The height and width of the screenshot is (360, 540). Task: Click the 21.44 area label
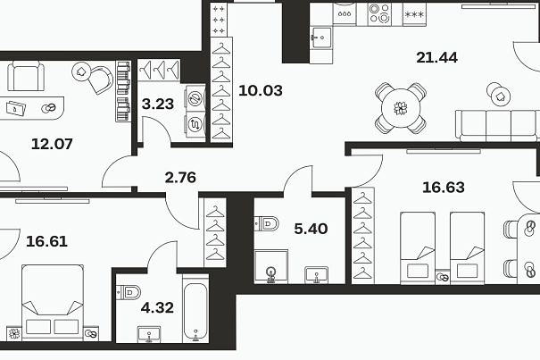point(436,57)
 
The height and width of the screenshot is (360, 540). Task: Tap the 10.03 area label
point(261,90)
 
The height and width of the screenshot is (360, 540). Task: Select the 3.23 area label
point(158,104)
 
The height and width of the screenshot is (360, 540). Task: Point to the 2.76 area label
point(180,177)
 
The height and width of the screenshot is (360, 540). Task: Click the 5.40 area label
point(311,229)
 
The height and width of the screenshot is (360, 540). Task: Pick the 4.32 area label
point(157,307)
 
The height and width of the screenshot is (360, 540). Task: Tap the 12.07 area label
point(52,144)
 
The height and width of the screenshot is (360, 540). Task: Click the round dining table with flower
point(401,108)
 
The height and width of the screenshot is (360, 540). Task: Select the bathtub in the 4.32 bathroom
point(195,308)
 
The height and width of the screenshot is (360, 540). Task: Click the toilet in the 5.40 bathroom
point(267,224)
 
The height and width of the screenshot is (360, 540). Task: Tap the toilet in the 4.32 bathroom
point(129,293)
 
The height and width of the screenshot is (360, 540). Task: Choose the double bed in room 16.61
point(53,303)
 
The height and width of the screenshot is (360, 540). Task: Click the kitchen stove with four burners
point(379,13)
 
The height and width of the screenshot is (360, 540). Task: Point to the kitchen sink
point(321,37)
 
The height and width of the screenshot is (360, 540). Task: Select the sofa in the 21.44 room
point(498,126)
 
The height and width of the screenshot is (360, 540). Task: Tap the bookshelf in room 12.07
point(123,91)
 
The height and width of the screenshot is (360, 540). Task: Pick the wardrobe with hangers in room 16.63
point(362,236)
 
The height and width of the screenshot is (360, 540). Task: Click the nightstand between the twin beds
point(443,277)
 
